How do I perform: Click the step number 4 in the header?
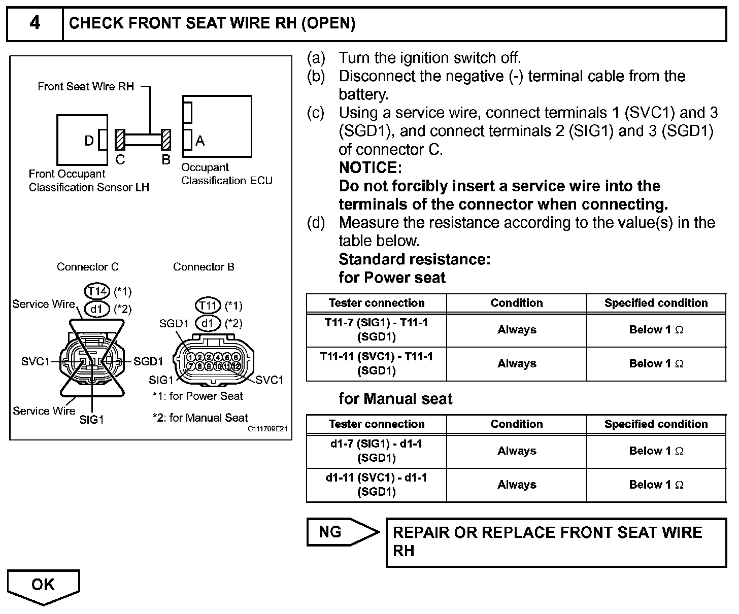click(35, 23)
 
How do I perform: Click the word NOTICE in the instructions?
click(370, 167)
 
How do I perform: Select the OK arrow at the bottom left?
click(43, 586)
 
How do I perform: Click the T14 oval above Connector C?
click(96, 291)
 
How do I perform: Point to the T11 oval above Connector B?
click(208, 305)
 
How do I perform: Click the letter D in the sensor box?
click(89, 141)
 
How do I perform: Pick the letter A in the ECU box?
click(200, 141)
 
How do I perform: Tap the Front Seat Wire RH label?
click(86, 87)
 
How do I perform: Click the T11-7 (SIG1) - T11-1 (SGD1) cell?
click(377, 329)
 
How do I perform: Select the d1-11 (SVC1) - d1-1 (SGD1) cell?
click(377, 485)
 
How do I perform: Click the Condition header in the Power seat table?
click(517, 303)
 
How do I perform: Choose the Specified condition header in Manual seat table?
click(656, 424)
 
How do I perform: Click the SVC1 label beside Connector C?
click(36, 361)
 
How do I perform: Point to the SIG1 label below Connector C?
click(91, 420)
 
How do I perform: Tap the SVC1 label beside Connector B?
click(270, 380)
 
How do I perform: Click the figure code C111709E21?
click(268, 429)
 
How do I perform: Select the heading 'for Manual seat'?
click(395, 399)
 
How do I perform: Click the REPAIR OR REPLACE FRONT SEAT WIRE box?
click(556, 541)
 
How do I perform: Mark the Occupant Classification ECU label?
click(226, 174)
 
